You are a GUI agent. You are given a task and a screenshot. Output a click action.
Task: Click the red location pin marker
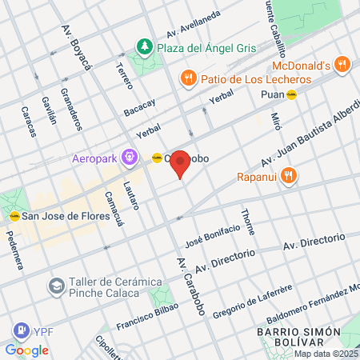181,163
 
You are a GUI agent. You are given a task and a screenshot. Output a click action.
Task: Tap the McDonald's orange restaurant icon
342,64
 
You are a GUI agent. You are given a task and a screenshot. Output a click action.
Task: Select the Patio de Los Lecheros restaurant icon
188,78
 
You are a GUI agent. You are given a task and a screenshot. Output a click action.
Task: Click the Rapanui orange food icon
290,175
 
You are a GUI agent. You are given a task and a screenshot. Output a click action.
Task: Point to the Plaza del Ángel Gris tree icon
144,46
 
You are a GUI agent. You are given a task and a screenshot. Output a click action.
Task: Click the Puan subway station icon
292,94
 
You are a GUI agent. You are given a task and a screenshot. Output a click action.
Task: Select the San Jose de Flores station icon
14,215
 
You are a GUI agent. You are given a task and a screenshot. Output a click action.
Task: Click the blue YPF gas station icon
19,330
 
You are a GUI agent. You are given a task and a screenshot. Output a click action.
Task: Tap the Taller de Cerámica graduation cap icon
56,285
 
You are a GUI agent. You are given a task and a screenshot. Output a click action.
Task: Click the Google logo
26,350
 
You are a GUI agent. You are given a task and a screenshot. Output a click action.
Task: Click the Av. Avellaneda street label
193,26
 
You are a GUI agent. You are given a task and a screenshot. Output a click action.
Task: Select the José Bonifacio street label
212,234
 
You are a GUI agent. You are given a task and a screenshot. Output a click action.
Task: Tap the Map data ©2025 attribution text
326,354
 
